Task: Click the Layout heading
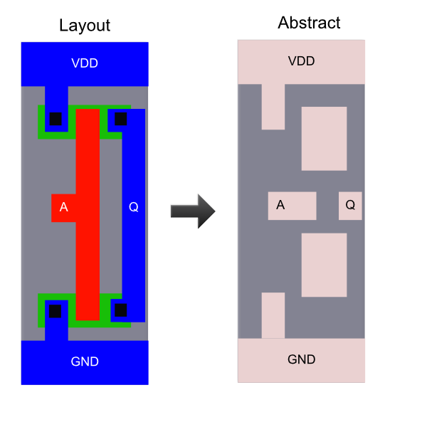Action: [x=85, y=26]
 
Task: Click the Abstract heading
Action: [x=309, y=23]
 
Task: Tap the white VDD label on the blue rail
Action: [x=85, y=63]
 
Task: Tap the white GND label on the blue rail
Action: [x=85, y=362]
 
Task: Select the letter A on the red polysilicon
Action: [x=64, y=207]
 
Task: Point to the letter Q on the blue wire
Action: [x=134, y=207]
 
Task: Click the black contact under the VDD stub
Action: [x=56, y=119]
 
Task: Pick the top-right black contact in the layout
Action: [x=121, y=119]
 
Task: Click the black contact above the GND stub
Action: [x=55, y=311]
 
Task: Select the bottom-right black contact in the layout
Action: [x=121, y=310]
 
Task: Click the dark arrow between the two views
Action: [x=193, y=211]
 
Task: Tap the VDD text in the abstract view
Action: [x=302, y=61]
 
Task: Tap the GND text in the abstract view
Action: [x=302, y=359]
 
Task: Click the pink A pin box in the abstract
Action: [x=292, y=206]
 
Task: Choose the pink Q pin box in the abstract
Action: [x=350, y=206]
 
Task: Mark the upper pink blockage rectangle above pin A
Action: [x=324, y=139]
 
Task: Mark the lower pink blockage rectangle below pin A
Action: [x=324, y=265]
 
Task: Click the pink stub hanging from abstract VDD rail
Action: [x=273, y=107]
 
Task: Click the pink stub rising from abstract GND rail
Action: [x=273, y=315]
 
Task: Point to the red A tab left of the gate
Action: [x=63, y=208]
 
